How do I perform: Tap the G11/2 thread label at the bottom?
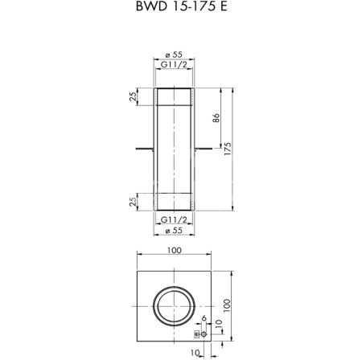click(x=175, y=219)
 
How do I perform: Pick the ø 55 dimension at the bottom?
click(x=175, y=231)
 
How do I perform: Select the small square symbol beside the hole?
click(x=195, y=331)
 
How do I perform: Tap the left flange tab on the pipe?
click(x=146, y=149)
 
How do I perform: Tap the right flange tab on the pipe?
click(x=203, y=149)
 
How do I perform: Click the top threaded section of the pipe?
click(x=175, y=99)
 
